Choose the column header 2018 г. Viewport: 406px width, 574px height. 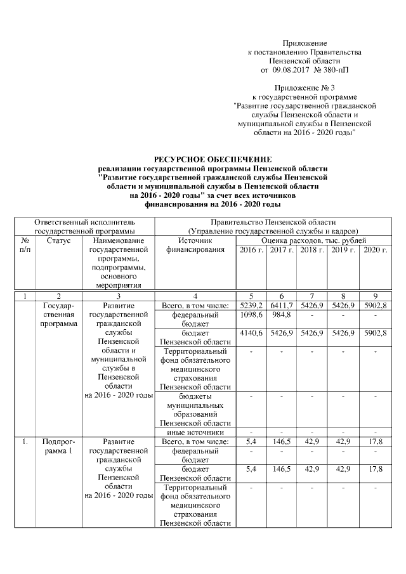[312, 251]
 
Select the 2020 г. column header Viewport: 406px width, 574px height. [375, 251]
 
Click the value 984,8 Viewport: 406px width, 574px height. [282, 315]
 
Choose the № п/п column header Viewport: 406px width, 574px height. [25, 246]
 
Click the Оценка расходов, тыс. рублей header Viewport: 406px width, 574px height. [313, 242]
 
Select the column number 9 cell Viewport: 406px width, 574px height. [375, 296]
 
